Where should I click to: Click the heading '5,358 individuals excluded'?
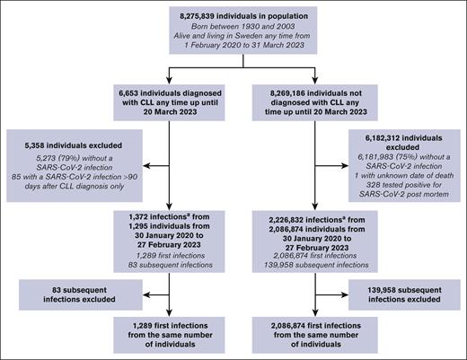pyautogui.click(x=77, y=142)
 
